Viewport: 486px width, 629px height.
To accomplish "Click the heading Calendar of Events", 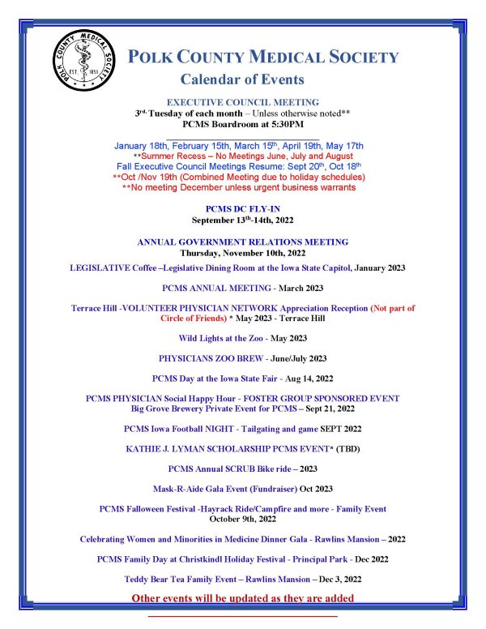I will coord(242,79).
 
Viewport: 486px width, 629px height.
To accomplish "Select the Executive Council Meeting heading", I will coord(242,102).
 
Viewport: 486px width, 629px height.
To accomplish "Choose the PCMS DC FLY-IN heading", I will coord(242,209).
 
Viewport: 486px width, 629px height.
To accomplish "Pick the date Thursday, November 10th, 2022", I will coord(242,253).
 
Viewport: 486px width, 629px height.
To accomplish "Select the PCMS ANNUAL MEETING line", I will coord(242,288).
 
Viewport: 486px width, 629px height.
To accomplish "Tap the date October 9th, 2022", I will coord(242,518).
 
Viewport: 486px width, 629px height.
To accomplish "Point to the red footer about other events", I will coord(242,599).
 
